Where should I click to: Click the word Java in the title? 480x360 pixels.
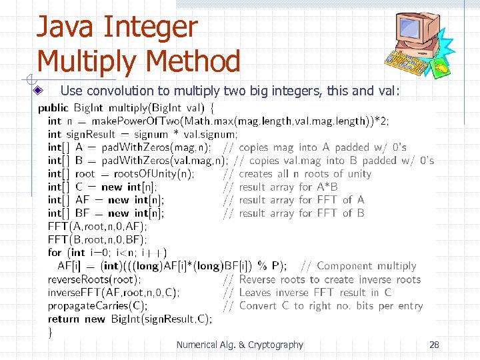coord(64,28)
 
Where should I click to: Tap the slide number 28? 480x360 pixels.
coord(434,345)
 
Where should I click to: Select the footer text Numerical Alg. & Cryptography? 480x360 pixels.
coord(239,345)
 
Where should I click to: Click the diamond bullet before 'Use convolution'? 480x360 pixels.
coord(38,90)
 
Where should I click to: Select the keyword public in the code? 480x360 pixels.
coord(53,107)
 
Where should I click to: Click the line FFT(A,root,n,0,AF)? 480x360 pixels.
coord(97,226)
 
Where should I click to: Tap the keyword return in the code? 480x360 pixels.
coord(63,319)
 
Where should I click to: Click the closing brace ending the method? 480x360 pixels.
coord(50,332)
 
